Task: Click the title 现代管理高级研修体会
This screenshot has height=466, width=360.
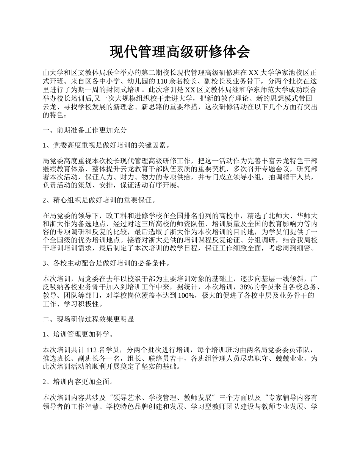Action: click(180, 52)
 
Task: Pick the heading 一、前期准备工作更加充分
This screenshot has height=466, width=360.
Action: click(85, 130)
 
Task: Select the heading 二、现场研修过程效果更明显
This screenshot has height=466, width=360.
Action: click(88, 319)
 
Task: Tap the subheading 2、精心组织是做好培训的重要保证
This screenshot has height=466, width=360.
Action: click(100, 200)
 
